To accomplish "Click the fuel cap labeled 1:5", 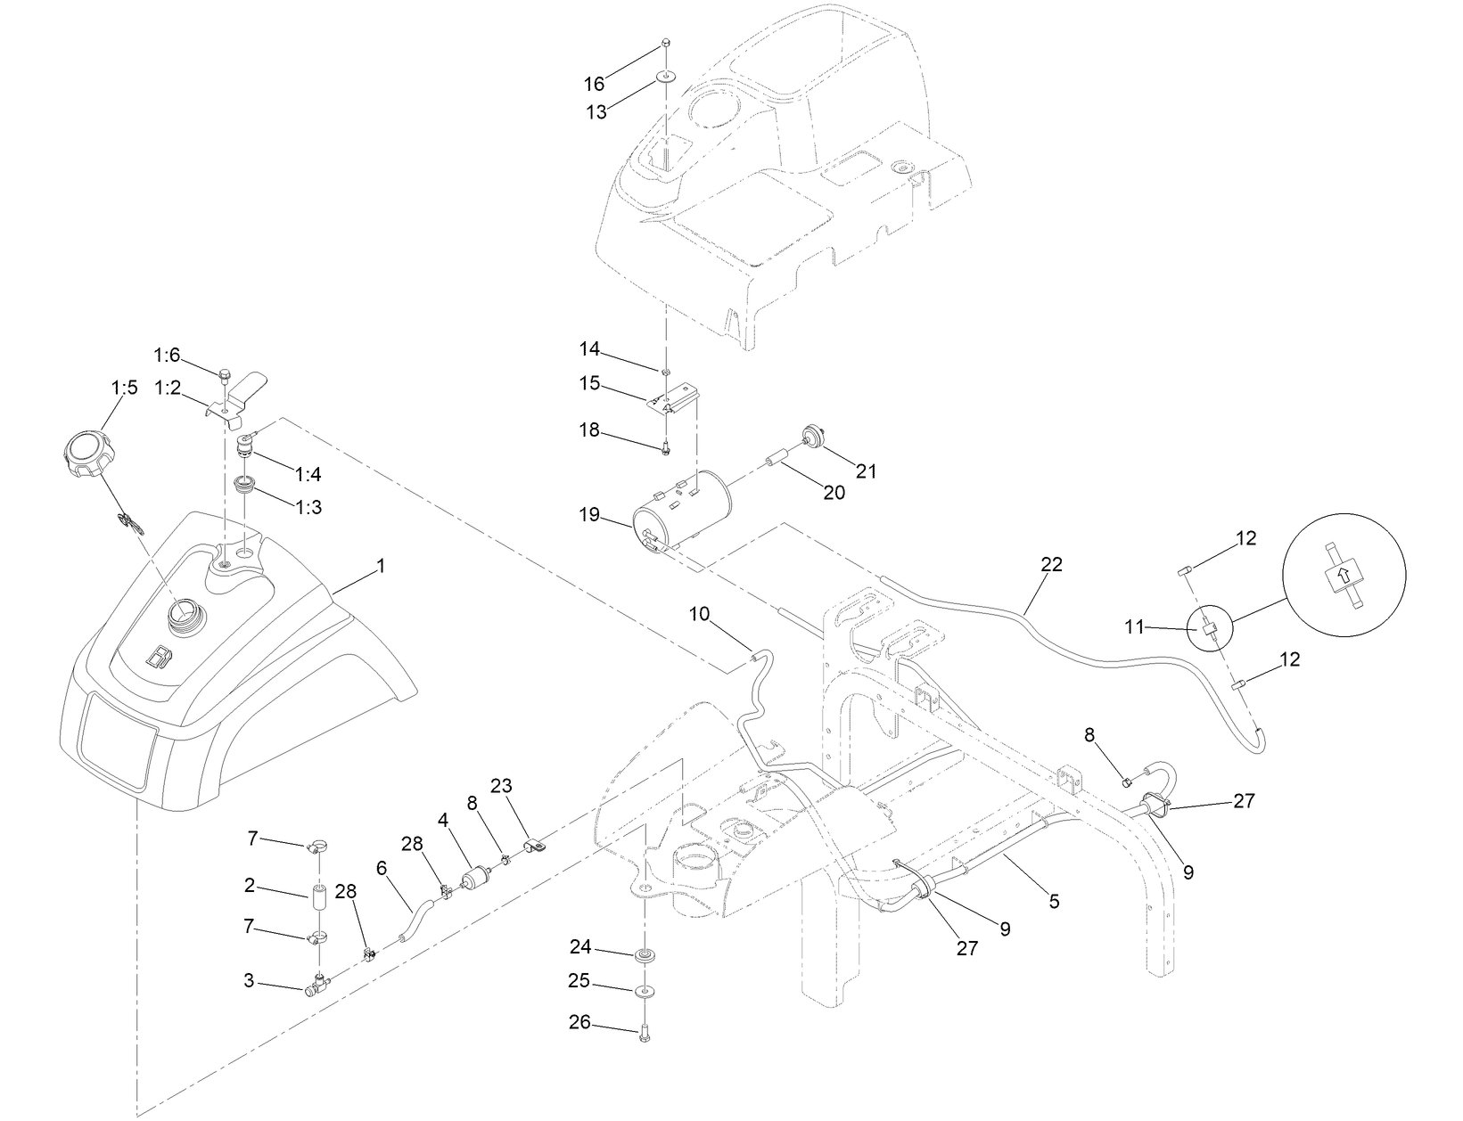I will point(86,454).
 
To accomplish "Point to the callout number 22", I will point(1051,564).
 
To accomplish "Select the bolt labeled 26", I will point(643,1034).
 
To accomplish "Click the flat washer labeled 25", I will point(643,991).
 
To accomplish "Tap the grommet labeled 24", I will point(642,956).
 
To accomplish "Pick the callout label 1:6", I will point(167,356).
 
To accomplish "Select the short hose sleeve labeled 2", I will point(321,897).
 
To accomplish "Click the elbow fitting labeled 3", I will point(316,986).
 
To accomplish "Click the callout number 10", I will point(700,613).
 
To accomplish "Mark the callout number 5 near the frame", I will point(1054,902).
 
